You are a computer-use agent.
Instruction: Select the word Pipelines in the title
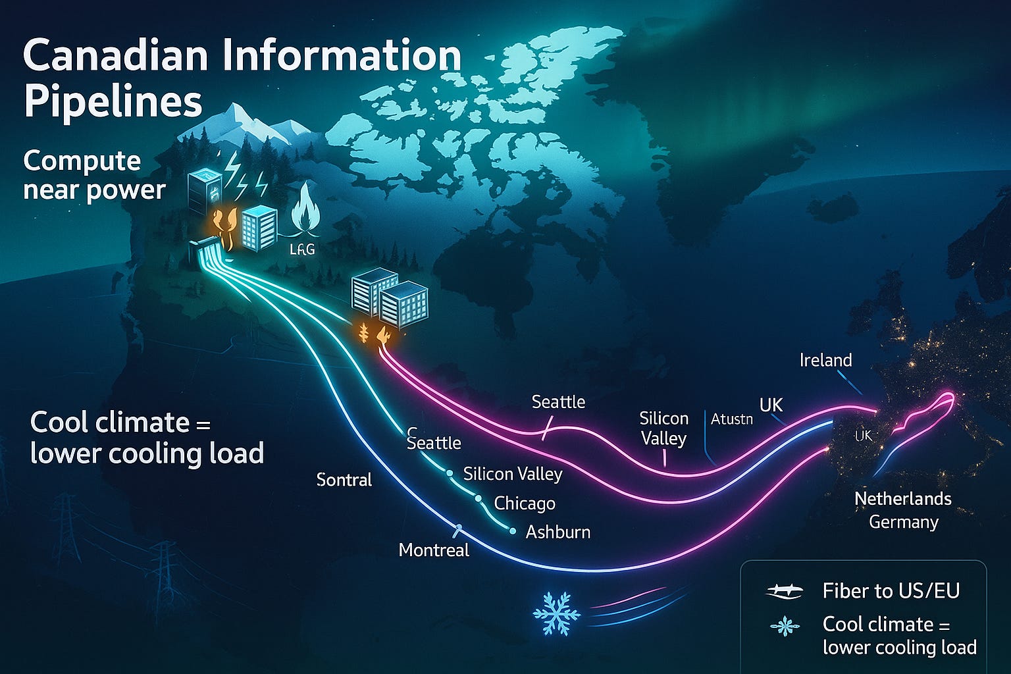[x=113, y=102]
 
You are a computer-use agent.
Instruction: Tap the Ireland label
[x=825, y=360]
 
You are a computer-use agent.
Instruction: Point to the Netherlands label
[x=902, y=499]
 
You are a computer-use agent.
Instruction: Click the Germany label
[x=903, y=522]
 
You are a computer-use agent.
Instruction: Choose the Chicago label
[x=525, y=504]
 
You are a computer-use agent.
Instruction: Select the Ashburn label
[x=557, y=532]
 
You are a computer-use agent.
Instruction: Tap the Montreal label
[x=434, y=550]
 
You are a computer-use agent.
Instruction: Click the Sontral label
[x=344, y=480]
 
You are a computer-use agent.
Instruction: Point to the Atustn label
[x=731, y=419]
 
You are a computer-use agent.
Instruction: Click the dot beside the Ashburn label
[x=512, y=531]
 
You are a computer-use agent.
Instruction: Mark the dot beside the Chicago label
[x=479, y=500]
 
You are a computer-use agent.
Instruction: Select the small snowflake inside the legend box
[x=785, y=627]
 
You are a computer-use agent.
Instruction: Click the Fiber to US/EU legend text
[x=891, y=590]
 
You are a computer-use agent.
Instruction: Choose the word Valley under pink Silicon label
[x=663, y=439]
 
